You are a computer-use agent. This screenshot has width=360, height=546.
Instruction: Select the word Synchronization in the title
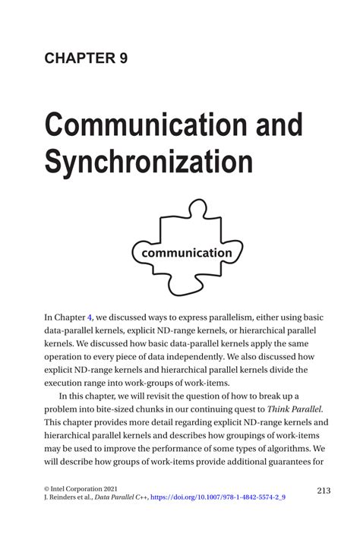(x=147, y=161)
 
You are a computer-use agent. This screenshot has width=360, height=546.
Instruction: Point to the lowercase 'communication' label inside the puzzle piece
(x=182, y=252)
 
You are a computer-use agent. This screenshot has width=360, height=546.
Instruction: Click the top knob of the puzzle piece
(x=195, y=207)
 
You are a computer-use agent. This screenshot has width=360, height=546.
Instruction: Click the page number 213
(x=321, y=491)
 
